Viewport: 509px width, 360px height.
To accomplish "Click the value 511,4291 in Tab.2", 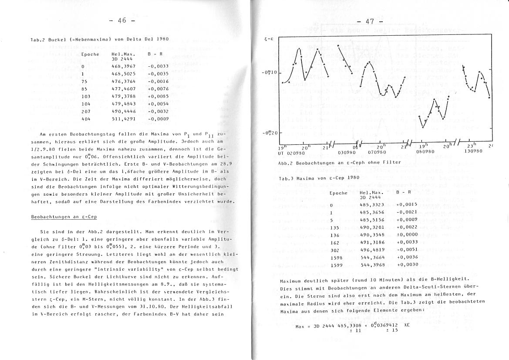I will pos(123,119).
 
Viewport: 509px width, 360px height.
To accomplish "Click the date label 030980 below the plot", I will pos(347,152).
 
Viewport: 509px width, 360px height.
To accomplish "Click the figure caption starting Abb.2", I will pos(339,163).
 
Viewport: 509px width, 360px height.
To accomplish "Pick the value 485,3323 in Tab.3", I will pos(372,205).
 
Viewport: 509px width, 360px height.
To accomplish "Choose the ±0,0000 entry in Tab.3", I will pos(407,234).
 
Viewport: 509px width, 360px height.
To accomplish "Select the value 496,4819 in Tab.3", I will pos(372,250).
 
